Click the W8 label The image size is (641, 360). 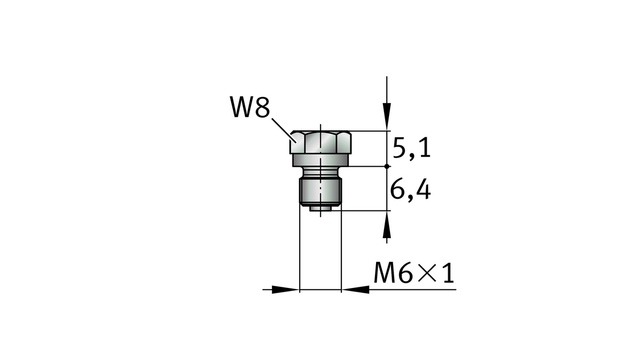click(250, 107)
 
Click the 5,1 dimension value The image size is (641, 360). click(411, 148)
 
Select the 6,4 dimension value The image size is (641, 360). click(411, 190)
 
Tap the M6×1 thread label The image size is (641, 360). click(414, 273)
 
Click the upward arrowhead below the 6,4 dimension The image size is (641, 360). click(387, 225)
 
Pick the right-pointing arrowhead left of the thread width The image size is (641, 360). click(285, 289)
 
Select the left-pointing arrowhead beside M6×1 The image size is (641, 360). click(355, 289)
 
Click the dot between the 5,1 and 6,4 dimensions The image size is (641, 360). click(387, 166)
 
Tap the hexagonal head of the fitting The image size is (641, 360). click(320, 142)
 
